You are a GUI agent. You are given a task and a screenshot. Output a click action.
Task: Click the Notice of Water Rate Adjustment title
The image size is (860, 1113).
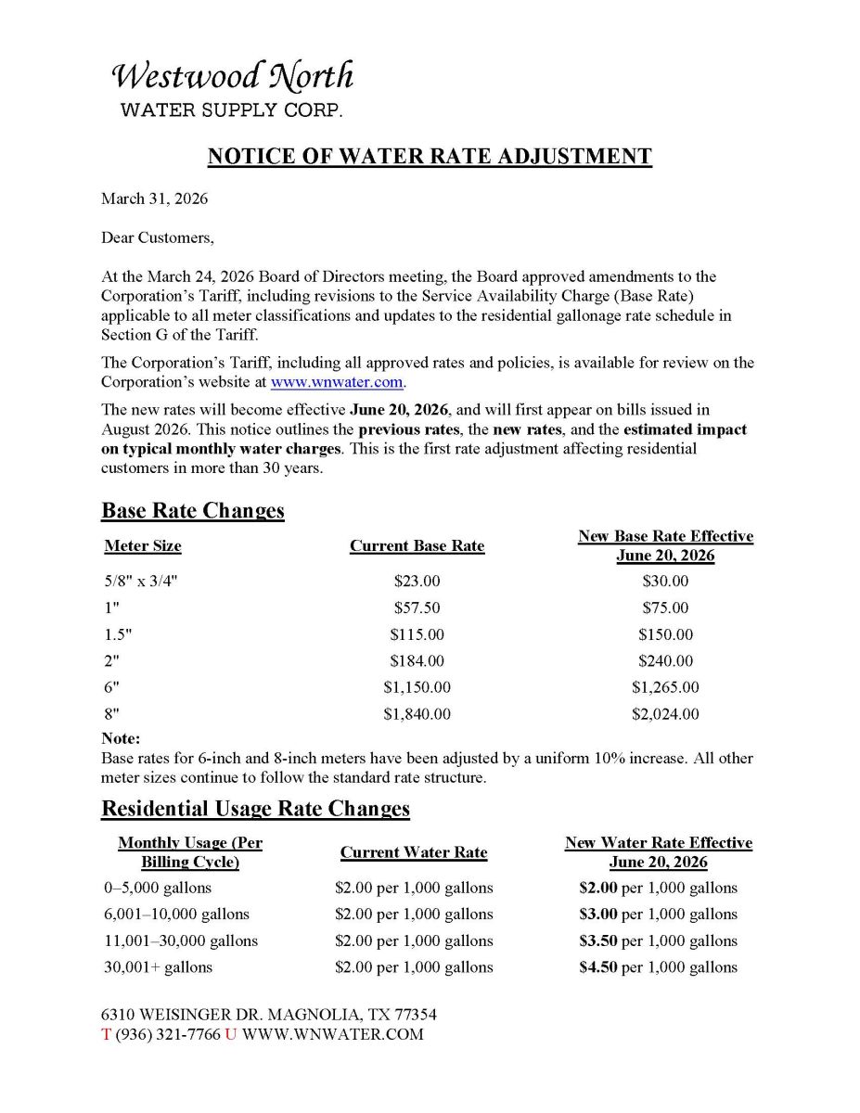tap(430, 156)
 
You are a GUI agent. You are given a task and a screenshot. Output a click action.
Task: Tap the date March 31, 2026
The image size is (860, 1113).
tap(154, 199)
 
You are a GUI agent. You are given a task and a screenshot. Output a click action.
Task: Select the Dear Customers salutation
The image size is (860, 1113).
tap(157, 237)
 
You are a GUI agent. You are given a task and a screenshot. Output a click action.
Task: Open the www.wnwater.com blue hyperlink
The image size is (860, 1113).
tap(337, 381)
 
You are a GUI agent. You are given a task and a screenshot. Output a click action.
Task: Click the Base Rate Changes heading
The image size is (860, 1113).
tap(193, 511)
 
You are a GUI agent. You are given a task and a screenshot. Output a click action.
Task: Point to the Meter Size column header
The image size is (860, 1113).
tap(143, 546)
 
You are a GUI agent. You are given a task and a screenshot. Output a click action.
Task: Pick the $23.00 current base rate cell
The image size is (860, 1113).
tap(417, 582)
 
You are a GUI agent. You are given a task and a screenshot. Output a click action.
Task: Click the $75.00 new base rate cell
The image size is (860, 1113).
tap(665, 608)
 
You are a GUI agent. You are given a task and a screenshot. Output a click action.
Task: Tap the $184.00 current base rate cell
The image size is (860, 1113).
tap(417, 661)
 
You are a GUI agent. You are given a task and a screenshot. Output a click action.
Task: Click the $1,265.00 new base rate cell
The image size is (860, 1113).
tap(665, 688)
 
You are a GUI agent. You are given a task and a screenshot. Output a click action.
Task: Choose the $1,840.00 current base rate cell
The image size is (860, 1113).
tap(417, 714)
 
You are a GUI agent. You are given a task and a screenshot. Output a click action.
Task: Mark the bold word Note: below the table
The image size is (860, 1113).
tap(121, 739)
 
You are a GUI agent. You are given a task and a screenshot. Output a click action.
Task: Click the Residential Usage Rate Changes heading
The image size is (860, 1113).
tap(255, 809)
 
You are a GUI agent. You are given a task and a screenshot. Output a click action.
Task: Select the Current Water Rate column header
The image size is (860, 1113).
tap(414, 852)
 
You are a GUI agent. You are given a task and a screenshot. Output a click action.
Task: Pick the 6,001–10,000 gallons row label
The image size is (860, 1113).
tap(176, 915)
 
